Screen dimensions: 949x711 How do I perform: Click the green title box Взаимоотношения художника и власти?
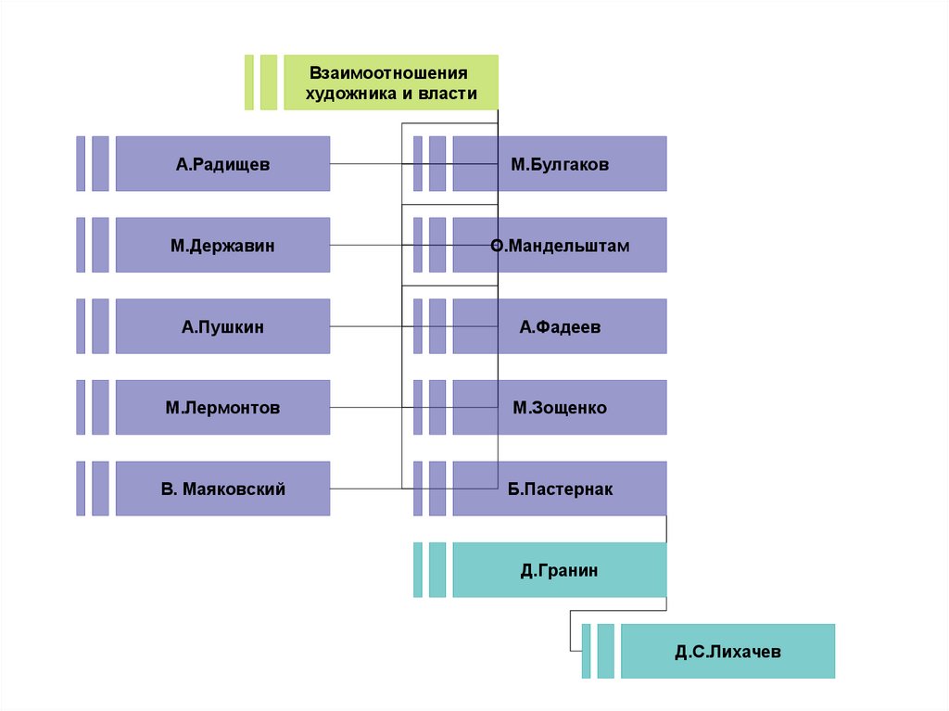pyautogui.click(x=390, y=83)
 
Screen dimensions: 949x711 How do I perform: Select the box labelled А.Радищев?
pyautogui.click(x=222, y=164)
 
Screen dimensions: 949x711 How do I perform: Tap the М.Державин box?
pyautogui.click(x=222, y=246)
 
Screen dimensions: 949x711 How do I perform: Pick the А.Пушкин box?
pyautogui.click(x=222, y=326)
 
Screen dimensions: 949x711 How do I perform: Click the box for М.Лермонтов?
pyautogui.click(x=222, y=408)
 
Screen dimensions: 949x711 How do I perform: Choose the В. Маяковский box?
pyautogui.click(x=222, y=489)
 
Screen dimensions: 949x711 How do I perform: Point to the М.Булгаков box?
pyautogui.click(x=559, y=164)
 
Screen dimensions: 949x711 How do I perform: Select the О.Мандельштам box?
pyautogui.click(x=559, y=246)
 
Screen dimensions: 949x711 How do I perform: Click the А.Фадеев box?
pyautogui.click(x=559, y=326)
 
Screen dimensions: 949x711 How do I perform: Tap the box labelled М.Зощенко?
pyautogui.click(x=559, y=408)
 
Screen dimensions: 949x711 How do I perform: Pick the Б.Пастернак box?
pyautogui.click(x=559, y=489)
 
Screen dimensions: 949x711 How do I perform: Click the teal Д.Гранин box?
pyautogui.click(x=559, y=570)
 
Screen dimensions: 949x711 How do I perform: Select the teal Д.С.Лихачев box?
pyautogui.click(x=728, y=652)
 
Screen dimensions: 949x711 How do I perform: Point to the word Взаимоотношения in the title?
pyautogui.click(x=389, y=72)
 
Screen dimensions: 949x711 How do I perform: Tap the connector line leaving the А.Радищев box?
pyautogui.click(x=366, y=164)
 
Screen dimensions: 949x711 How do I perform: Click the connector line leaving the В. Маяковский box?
pyautogui.click(x=366, y=489)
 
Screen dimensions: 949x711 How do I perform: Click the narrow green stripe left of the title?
pyautogui.click(x=249, y=83)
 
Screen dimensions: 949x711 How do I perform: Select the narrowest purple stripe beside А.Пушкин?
pyautogui.click(x=81, y=326)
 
